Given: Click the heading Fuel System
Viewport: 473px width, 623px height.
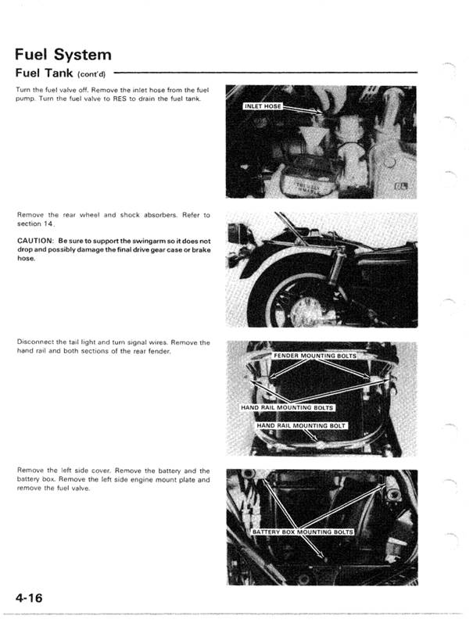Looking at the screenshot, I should tap(63, 55).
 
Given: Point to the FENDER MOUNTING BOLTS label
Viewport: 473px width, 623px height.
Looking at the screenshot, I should tap(314, 356).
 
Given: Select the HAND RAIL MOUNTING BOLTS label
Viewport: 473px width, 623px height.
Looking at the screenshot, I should tap(287, 408).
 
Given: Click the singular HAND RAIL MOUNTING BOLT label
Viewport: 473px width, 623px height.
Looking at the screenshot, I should tap(301, 426).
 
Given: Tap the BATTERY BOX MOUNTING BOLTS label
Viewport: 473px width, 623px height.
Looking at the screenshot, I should tap(303, 532).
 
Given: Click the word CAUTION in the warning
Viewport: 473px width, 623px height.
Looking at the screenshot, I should tap(34, 241).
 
